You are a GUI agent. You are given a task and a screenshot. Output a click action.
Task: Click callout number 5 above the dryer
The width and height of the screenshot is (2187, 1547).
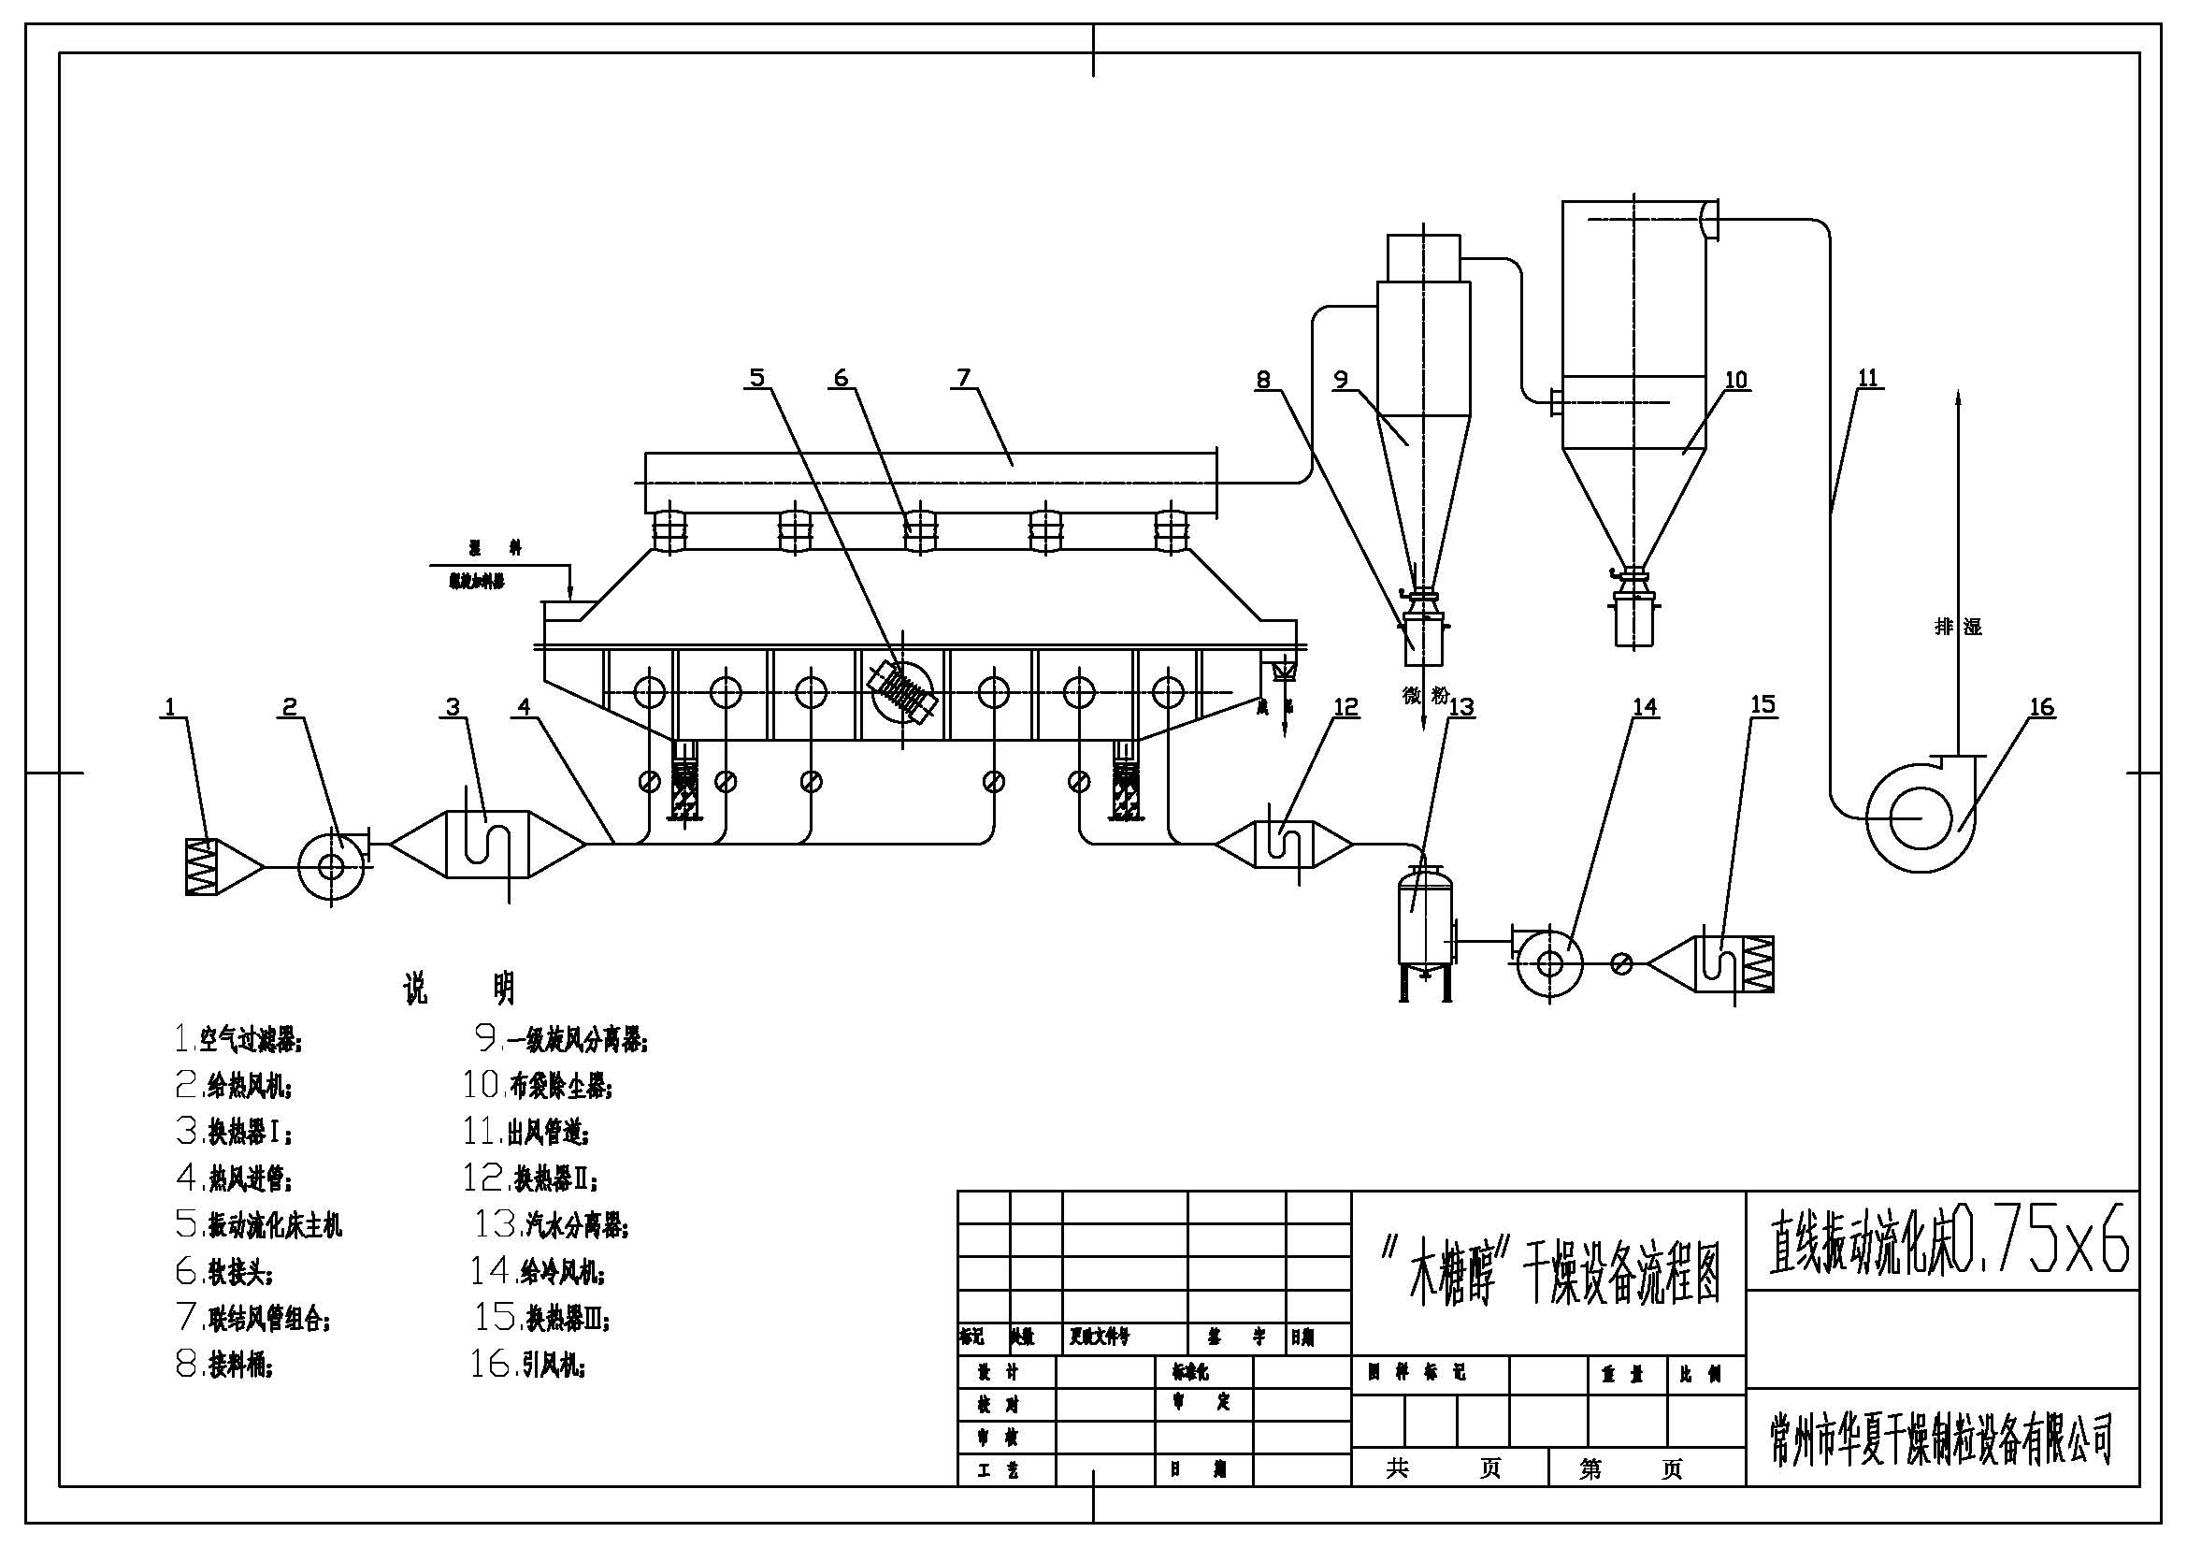coord(756,378)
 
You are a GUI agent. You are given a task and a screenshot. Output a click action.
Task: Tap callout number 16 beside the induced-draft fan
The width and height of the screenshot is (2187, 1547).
coord(2041,707)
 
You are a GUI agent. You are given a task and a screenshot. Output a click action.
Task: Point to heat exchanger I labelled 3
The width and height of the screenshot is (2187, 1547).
coord(487,844)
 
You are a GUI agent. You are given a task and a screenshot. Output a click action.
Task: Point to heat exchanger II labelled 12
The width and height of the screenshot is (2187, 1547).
coord(1284,844)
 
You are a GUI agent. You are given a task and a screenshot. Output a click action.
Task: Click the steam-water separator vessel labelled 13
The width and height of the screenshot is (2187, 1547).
coord(1424,925)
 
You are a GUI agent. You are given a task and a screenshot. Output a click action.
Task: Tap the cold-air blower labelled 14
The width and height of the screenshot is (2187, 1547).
coord(1548,964)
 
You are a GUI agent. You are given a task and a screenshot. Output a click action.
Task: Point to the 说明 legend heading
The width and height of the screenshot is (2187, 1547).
coord(458,989)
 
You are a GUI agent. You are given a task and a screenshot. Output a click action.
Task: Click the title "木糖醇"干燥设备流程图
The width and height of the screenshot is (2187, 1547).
coord(1549,1273)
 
